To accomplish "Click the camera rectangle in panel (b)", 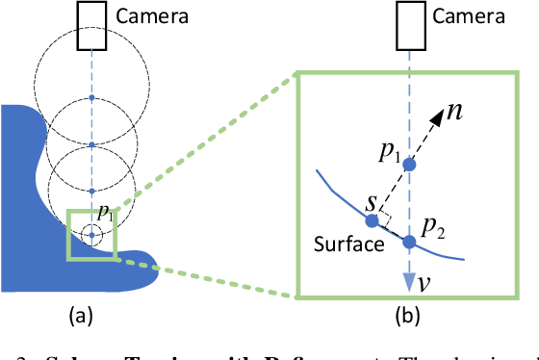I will click(x=409, y=23).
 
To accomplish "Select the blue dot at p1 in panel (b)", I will click(x=409, y=165).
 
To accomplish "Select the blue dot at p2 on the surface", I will click(x=409, y=242).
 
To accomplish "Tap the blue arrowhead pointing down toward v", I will click(x=409, y=278).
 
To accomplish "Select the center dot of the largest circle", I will click(x=91, y=98).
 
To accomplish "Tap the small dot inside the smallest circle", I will click(x=91, y=234).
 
